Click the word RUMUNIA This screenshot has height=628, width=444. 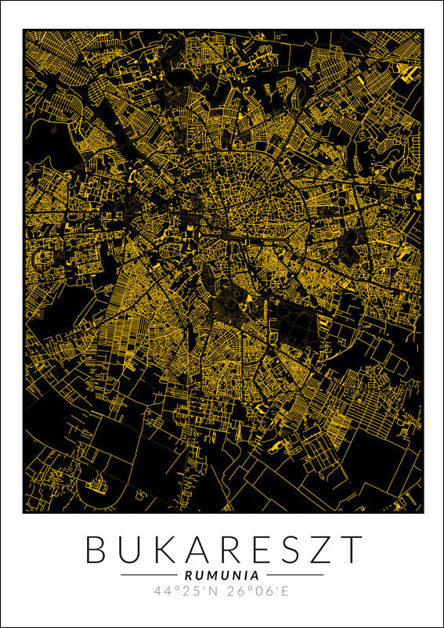222,575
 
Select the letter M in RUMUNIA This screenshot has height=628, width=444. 213,575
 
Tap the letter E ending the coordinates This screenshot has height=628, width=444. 285,591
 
